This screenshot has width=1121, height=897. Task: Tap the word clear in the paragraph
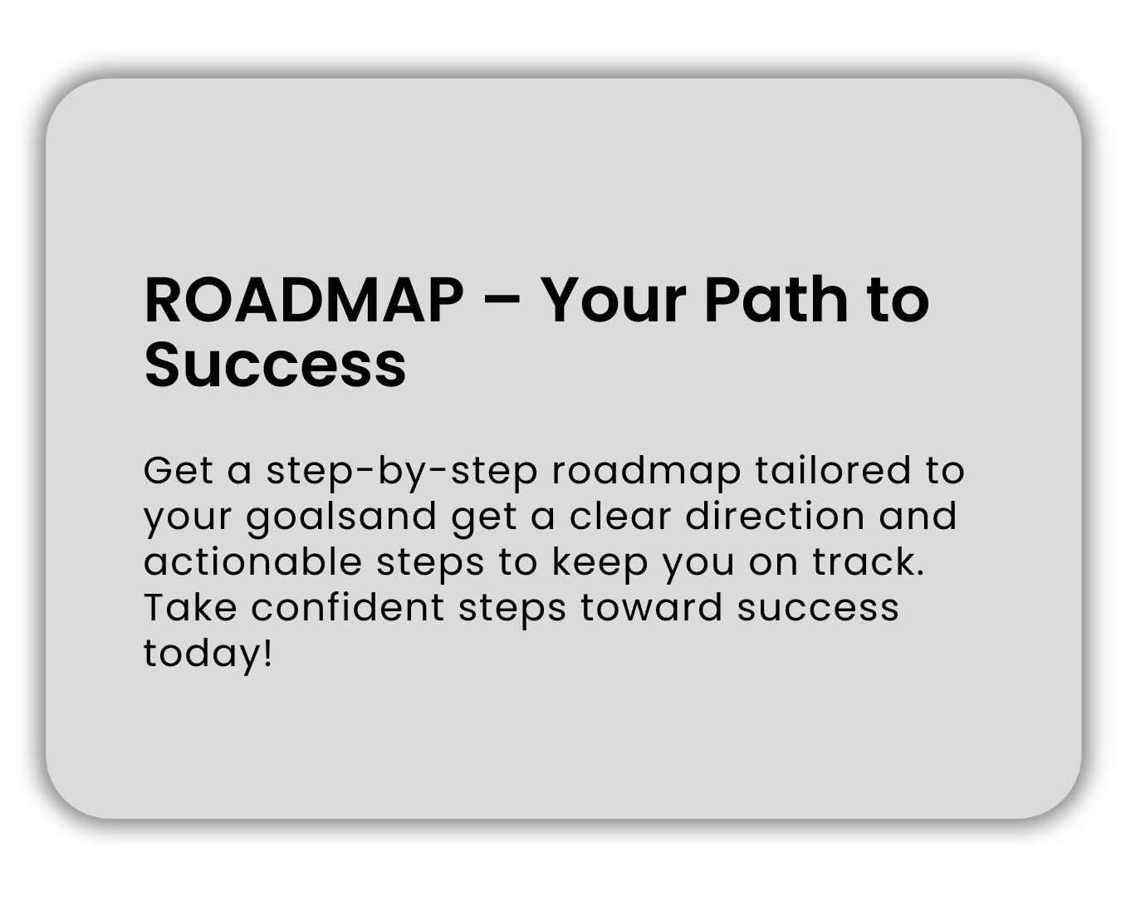(620, 516)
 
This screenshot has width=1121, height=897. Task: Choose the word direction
(775, 516)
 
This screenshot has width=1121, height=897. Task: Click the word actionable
(252, 561)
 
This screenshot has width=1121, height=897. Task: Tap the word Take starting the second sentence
(190, 607)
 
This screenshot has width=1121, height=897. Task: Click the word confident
(347, 607)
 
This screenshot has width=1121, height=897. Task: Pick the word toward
(651, 607)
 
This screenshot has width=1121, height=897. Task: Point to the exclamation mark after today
(267, 653)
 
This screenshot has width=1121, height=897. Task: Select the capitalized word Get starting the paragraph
(179, 470)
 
